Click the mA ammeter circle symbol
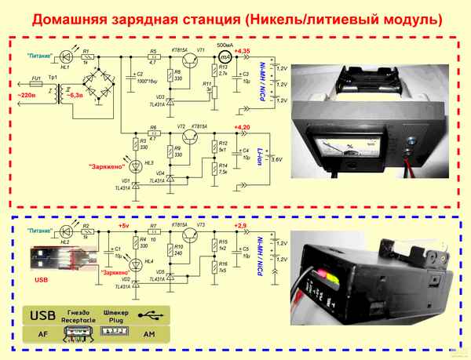pos(225,58)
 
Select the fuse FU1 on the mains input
pos(35,81)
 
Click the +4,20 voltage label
pos(243,126)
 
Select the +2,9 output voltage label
pos(240,226)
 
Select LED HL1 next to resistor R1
pos(65,57)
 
